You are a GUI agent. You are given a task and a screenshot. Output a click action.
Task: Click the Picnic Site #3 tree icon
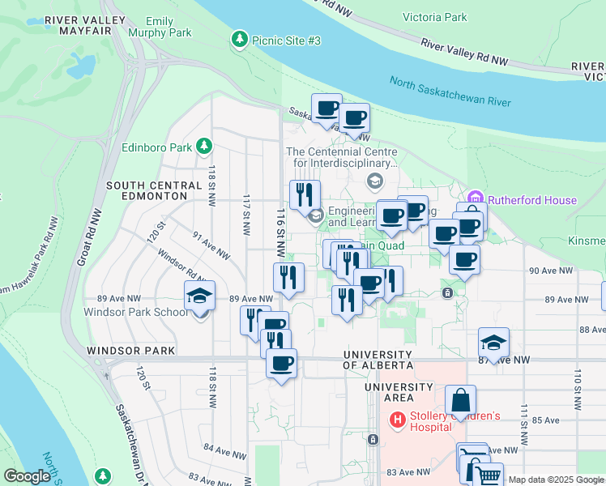pyautogui.click(x=240, y=40)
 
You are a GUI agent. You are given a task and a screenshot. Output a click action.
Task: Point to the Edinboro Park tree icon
pyautogui.click(x=205, y=147)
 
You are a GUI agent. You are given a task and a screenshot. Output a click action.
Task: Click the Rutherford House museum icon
pyautogui.click(x=475, y=199)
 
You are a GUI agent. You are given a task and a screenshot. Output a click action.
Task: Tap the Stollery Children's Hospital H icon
pyautogui.click(x=398, y=420)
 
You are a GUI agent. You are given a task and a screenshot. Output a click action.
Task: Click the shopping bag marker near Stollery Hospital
pyautogui.click(x=460, y=400)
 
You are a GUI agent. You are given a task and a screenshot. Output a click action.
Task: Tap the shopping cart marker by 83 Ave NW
pyautogui.click(x=487, y=476)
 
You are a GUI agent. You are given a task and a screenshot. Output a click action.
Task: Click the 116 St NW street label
pyautogui.click(x=281, y=224)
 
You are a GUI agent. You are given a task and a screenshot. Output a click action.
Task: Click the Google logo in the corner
pyautogui.click(x=27, y=476)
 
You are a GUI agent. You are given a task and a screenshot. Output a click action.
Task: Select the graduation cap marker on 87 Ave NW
pyautogui.click(x=493, y=343)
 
